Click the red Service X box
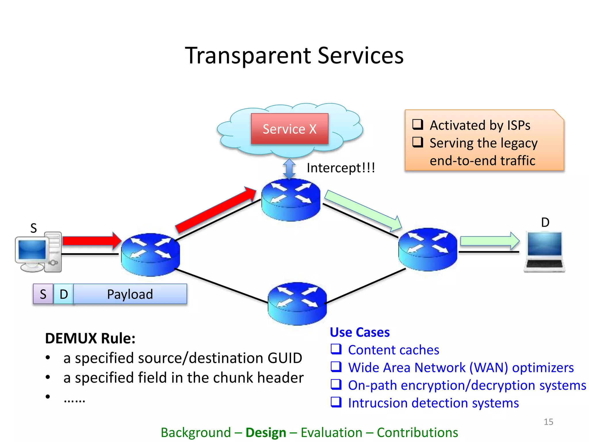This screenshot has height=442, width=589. click(289, 129)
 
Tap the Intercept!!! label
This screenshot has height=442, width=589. click(341, 168)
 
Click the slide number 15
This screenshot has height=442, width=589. click(548, 422)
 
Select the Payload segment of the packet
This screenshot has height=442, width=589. click(130, 294)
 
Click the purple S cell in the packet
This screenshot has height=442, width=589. click(43, 294)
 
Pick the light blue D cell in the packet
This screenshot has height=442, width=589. click(64, 294)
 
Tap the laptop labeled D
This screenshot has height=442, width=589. click(544, 252)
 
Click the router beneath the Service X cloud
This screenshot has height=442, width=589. click(291, 200)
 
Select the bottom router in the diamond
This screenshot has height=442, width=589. click(297, 304)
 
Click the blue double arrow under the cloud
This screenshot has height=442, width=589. click(289, 169)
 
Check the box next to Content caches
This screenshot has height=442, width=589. click(336, 349)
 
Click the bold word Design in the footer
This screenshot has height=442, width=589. click(266, 433)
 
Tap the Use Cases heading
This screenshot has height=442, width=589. click(359, 332)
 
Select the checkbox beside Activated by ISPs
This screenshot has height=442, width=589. click(418, 124)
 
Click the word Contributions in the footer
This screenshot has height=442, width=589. click(417, 433)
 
